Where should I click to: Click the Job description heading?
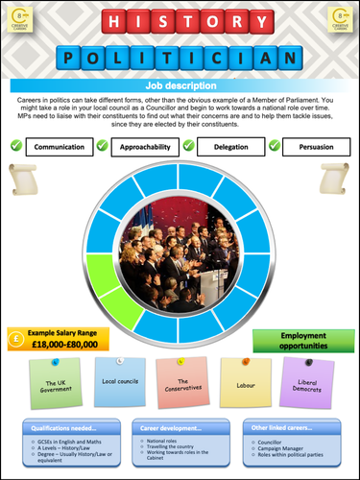click(180, 86)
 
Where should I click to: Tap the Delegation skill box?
click(231, 147)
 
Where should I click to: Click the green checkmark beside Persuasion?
click(274, 146)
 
